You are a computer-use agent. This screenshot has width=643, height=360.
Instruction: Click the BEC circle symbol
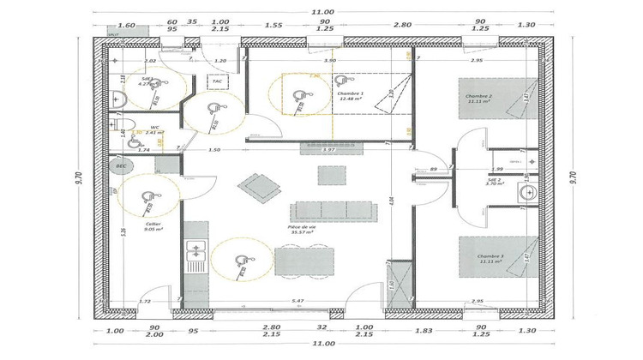click(121, 165)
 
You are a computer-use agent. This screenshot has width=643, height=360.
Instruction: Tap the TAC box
click(217, 81)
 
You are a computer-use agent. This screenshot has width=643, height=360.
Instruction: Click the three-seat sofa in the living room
click(333, 211)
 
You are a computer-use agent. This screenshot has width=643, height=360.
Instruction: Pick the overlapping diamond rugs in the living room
click(259, 185)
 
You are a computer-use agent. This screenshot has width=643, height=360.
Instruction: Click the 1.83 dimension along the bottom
click(417, 328)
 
